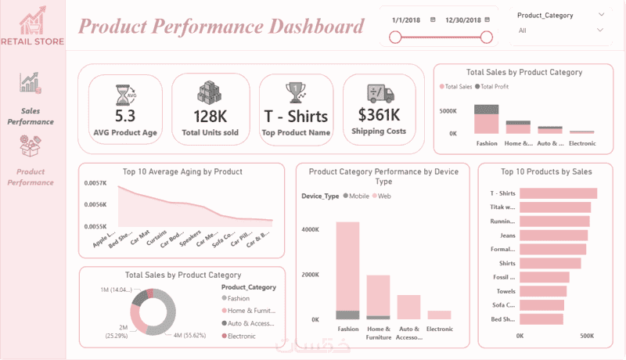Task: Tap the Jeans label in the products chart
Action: click(x=506, y=235)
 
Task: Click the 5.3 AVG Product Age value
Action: click(x=125, y=116)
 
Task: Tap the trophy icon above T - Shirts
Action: click(x=296, y=92)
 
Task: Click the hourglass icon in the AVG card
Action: click(x=125, y=94)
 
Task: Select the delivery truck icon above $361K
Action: click(x=379, y=93)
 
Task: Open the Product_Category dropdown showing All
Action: click(x=559, y=31)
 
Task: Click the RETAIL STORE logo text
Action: click(x=33, y=41)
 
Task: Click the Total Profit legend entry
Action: click(x=495, y=86)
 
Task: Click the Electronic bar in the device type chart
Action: click(x=440, y=315)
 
